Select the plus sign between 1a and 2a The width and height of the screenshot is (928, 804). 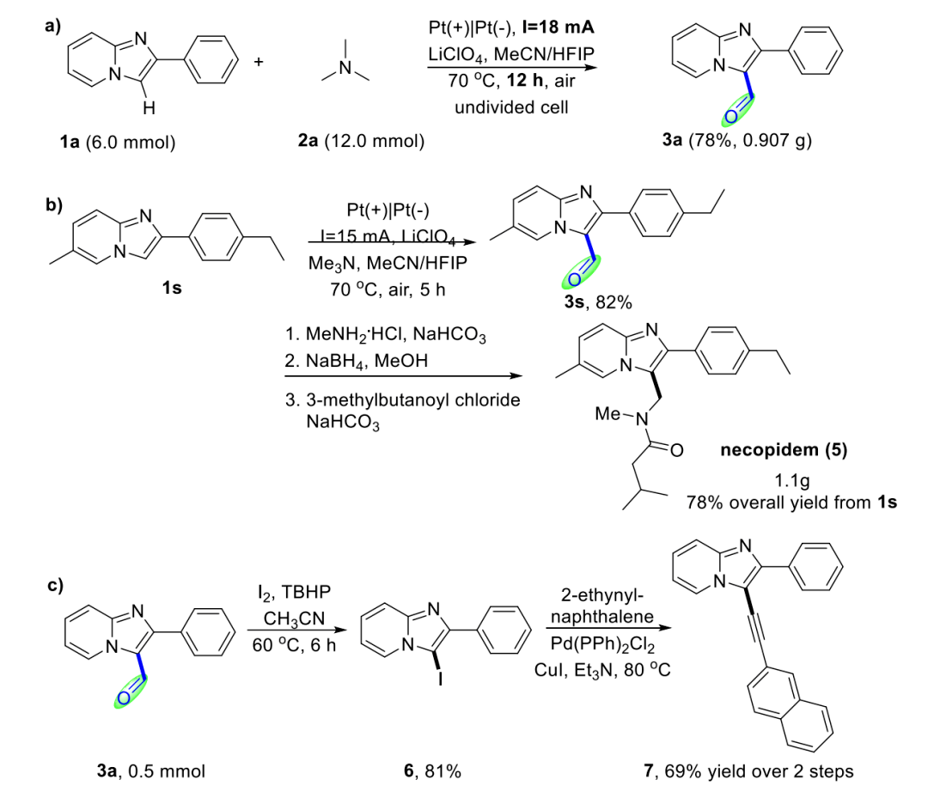click(x=259, y=64)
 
